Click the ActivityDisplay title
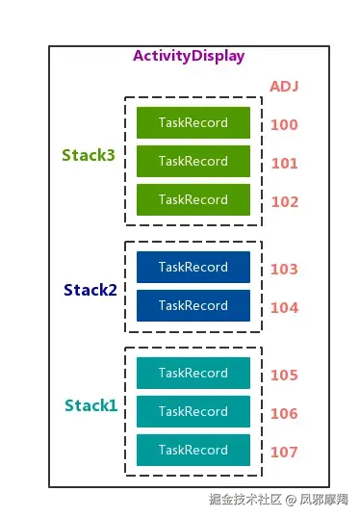189,56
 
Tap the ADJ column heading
284,87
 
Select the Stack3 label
89,155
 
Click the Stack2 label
90,290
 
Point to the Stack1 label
90,405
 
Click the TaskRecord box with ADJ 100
193,122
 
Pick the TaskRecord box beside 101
193,161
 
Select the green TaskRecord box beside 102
193,199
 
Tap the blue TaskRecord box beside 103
193,267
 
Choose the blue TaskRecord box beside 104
193,305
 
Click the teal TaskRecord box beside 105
193,373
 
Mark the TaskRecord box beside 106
193,411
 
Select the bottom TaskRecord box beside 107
193,450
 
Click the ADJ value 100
284,125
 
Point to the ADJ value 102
284,202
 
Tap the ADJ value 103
284,270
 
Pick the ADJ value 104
284,308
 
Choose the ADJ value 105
284,376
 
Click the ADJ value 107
284,453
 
